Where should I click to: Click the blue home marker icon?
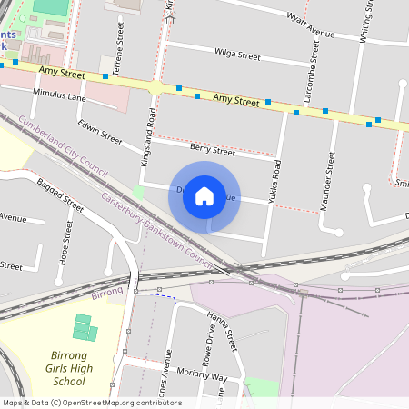tap(204, 195)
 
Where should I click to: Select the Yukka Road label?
tap(275, 181)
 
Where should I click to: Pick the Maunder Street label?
tap(328, 181)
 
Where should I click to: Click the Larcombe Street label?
tap(308, 87)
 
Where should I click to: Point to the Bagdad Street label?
tap(61, 195)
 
